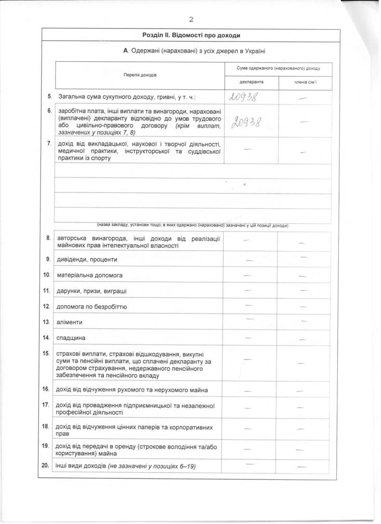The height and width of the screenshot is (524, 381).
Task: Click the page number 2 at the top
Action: [191, 20]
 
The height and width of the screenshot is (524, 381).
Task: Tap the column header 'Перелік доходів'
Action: [140, 75]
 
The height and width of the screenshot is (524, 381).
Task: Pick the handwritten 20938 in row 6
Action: [246, 121]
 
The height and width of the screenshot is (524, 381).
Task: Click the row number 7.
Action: [49, 143]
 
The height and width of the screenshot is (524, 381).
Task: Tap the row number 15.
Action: [46, 353]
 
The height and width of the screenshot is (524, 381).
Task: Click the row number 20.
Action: [46, 465]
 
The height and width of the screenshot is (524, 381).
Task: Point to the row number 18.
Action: [46, 425]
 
